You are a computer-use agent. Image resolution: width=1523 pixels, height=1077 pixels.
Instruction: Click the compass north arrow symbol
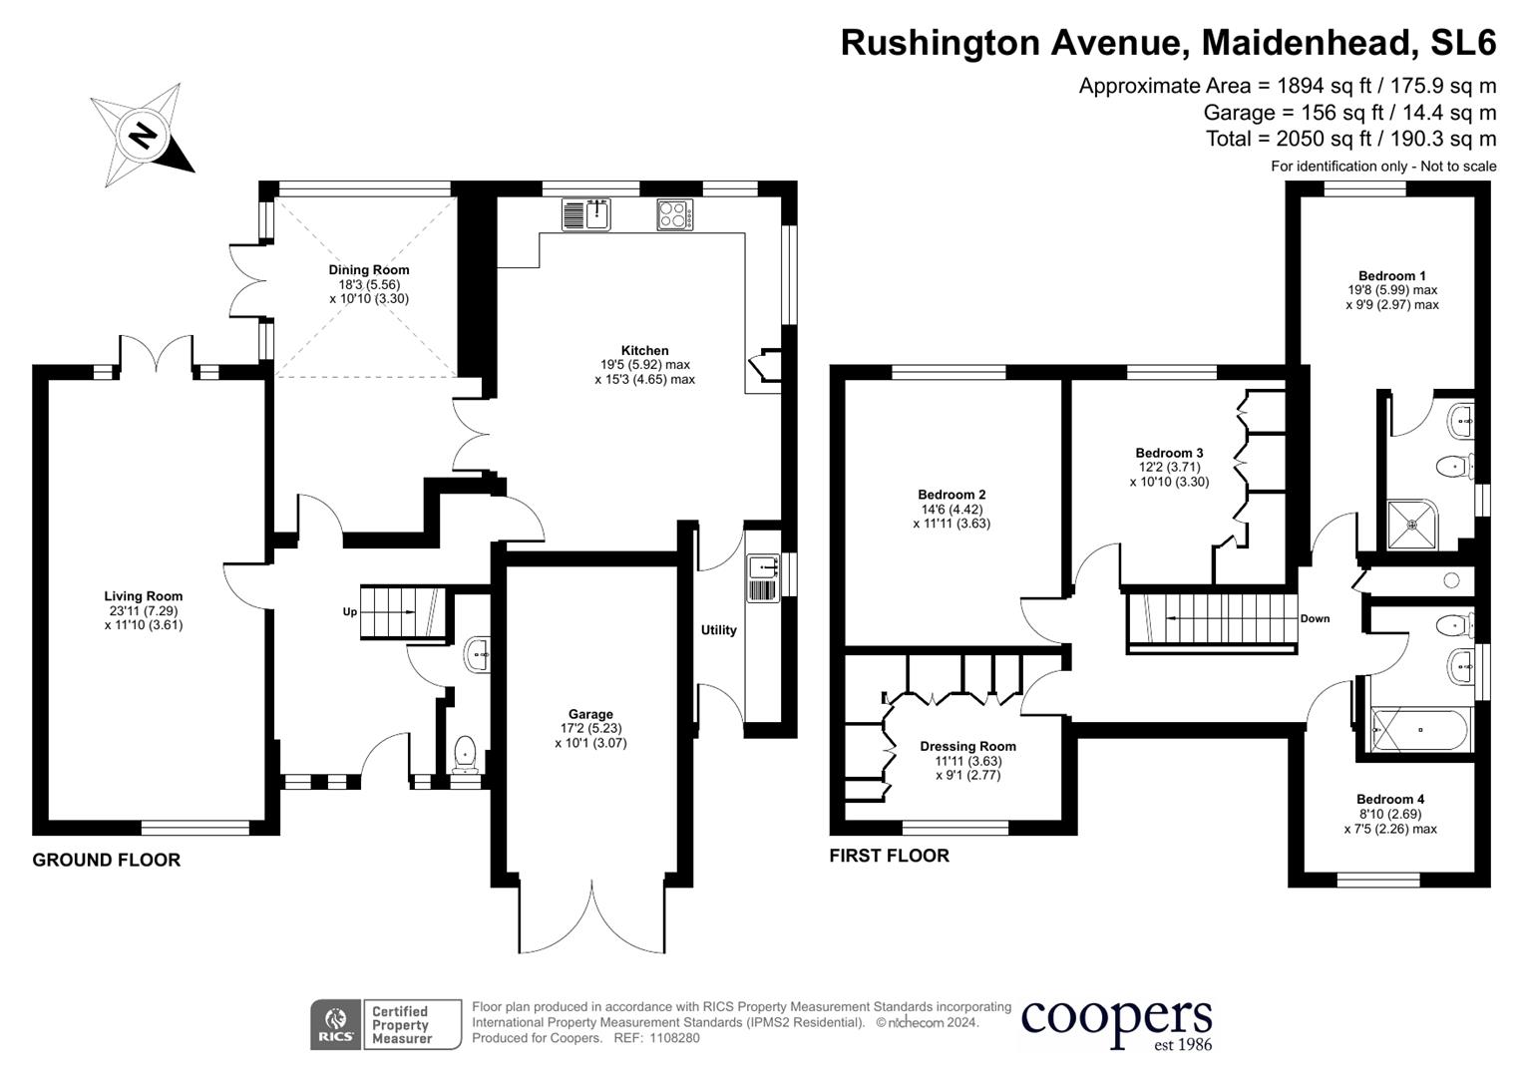pyautogui.click(x=143, y=134)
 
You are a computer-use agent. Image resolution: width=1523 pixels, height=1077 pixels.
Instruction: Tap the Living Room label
pyautogui.click(x=144, y=596)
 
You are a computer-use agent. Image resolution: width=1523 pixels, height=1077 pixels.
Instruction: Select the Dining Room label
pyautogui.click(x=369, y=269)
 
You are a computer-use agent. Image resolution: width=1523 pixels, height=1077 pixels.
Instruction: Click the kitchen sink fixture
pyautogui.click(x=585, y=214)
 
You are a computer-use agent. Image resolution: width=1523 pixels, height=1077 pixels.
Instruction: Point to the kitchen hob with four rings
pyautogui.click(x=675, y=215)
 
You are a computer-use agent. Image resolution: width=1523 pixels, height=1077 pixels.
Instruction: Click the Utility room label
pyautogui.click(x=718, y=630)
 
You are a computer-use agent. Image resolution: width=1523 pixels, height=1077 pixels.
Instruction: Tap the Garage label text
pyautogui.click(x=590, y=714)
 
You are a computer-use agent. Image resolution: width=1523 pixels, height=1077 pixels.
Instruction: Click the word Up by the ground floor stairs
pyautogui.click(x=350, y=611)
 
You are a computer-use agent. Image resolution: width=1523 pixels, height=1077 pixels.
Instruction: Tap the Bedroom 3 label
pyautogui.click(x=1169, y=453)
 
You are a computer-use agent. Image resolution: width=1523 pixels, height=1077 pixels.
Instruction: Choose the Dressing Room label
pyautogui.click(x=967, y=746)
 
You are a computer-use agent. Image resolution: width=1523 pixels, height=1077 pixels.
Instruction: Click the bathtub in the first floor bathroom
pyautogui.click(x=1420, y=729)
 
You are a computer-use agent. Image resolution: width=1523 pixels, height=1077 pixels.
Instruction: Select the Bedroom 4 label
pyautogui.click(x=1390, y=799)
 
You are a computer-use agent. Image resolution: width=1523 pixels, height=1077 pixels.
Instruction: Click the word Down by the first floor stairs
pyautogui.click(x=1315, y=618)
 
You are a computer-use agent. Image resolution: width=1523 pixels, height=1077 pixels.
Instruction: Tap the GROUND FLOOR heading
pyautogui.click(x=107, y=860)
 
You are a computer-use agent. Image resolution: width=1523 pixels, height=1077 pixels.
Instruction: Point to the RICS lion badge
pyautogui.click(x=335, y=1025)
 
